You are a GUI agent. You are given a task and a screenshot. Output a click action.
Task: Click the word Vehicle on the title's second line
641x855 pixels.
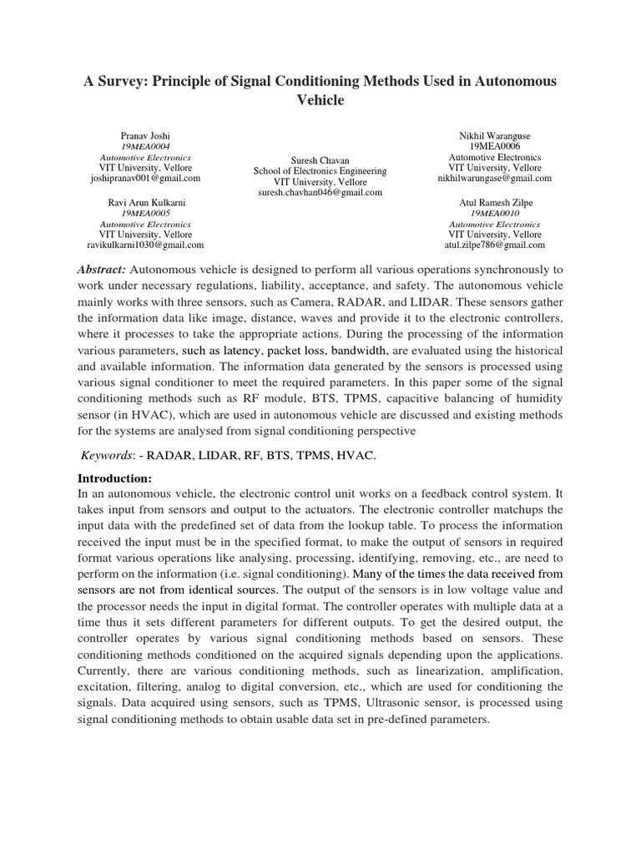(x=320, y=100)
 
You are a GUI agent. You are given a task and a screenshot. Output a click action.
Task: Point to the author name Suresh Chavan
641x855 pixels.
(x=320, y=159)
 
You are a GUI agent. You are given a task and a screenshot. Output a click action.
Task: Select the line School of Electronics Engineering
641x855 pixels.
(x=320, y=170)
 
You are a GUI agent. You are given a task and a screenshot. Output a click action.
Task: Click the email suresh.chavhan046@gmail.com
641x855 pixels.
(x=320, y=192)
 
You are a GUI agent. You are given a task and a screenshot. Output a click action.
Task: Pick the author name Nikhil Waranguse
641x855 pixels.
(x=494, y=134)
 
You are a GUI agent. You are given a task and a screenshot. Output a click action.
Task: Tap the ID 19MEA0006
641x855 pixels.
(x=494, y=145)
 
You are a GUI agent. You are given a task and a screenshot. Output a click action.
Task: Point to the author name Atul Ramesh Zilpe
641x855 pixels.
(x=494, y=202)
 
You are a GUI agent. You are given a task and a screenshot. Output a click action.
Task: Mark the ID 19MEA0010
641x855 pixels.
(x=494, y=213)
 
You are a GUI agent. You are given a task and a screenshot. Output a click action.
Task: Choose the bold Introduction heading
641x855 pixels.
(x=114, y=479)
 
